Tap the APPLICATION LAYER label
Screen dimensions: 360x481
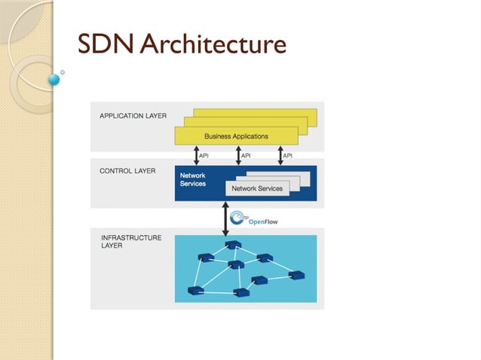coord(133,116)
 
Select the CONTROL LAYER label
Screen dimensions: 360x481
coord(127,171)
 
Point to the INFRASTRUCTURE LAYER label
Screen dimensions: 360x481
coord(131,242)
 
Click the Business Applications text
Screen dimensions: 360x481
coord(236,136)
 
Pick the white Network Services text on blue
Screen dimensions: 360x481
coord(193,180)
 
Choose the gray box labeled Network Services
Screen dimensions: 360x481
coord(257,188)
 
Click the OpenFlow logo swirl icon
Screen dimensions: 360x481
coord(237,218)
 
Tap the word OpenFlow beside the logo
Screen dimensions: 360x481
coord(263,221)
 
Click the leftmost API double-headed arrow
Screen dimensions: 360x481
coord(195,156)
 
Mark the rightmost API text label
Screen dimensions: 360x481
coord(287,156)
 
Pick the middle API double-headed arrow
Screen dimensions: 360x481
coord(237,156)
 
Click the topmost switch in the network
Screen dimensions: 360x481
coord(232,245)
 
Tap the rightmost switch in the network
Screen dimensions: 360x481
coord(296,275)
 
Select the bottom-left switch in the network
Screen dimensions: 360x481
coord(196,290)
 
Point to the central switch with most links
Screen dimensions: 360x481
coord(235,264)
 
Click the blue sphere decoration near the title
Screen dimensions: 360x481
coord(54,78)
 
